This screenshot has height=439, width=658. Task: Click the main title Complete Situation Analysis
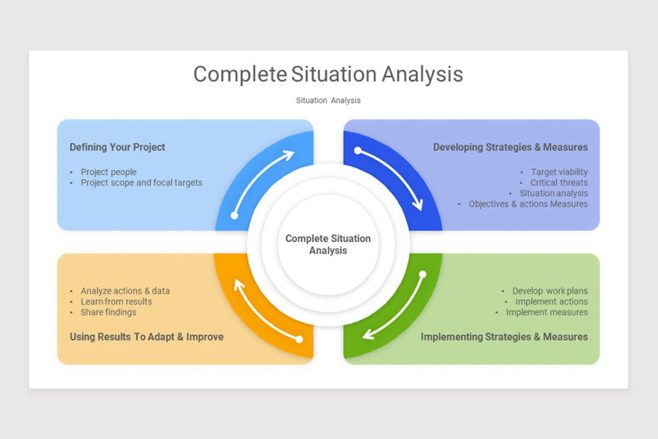[328, 74]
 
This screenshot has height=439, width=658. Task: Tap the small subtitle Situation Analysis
[328, 100]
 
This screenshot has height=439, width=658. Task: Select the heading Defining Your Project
[117, 147]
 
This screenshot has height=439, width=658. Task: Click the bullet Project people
[109, 172]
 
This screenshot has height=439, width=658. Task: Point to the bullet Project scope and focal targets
[141, 183]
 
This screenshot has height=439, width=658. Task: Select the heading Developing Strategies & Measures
[510, 147]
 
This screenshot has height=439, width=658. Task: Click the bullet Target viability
[559, 172]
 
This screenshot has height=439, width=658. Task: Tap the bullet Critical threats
[559, 183]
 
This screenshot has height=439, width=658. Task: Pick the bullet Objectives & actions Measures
[527, 204]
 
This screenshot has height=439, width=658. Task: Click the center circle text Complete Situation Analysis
[328, 245]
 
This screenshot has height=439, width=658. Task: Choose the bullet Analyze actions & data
[125, 291]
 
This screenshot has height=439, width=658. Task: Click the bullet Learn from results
[116, 301]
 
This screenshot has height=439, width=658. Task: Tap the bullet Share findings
[109, 312]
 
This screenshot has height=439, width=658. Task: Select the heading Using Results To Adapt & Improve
[146, 337]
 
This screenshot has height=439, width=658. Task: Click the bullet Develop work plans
[549, 291]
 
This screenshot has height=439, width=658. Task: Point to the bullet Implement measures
[547, 312]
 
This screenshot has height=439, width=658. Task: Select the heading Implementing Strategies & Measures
[504, 337]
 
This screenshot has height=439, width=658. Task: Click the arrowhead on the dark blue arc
[418, 205]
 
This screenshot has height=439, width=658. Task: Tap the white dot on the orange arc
[299, 339]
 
